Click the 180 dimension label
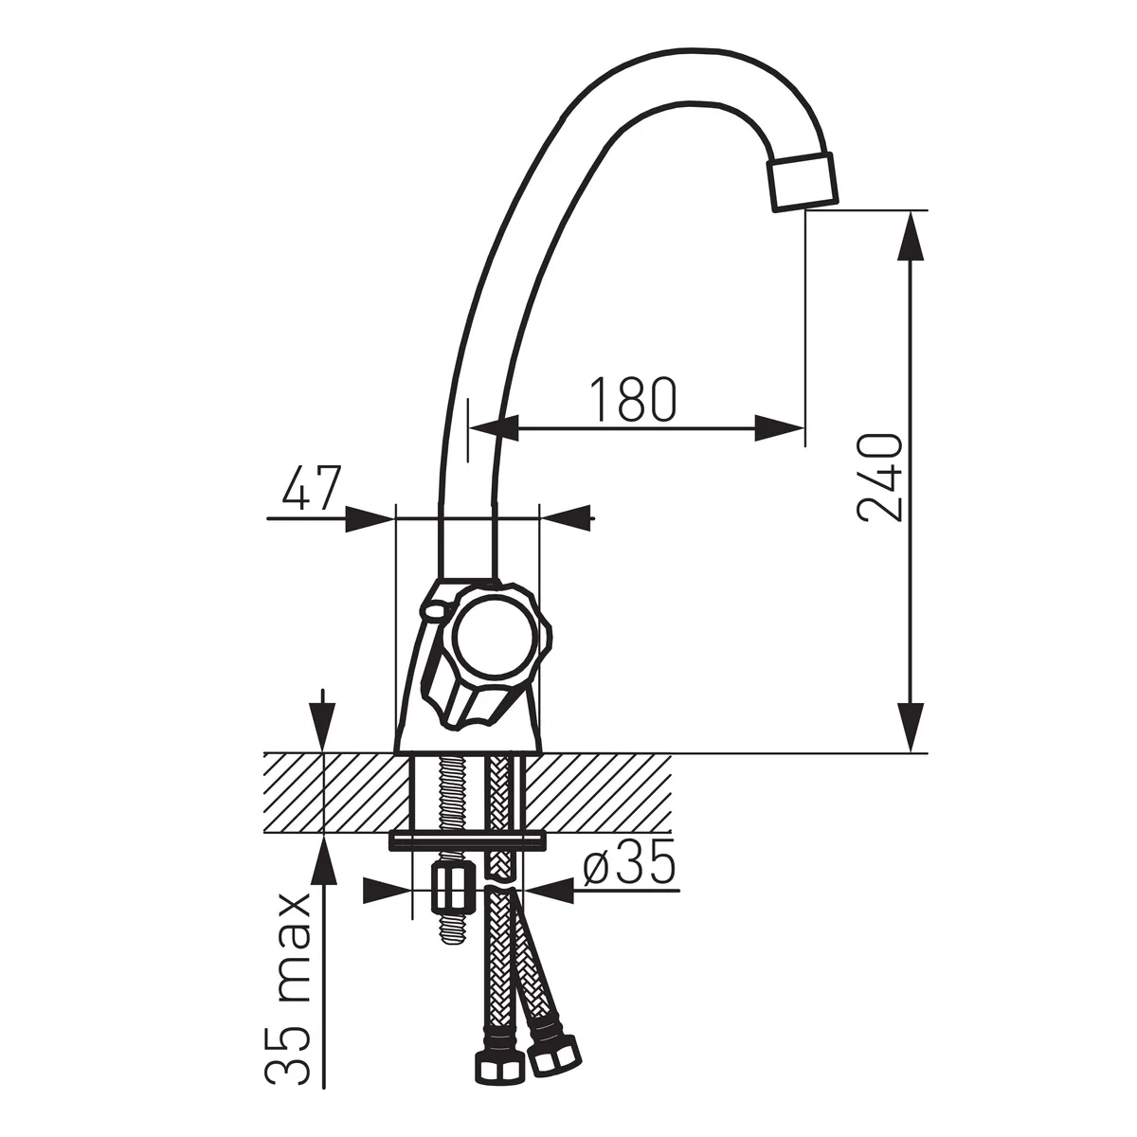pos(633,399)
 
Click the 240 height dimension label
pos(879,478)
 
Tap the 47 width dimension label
pos(312,487)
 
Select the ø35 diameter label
pos(629,861)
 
